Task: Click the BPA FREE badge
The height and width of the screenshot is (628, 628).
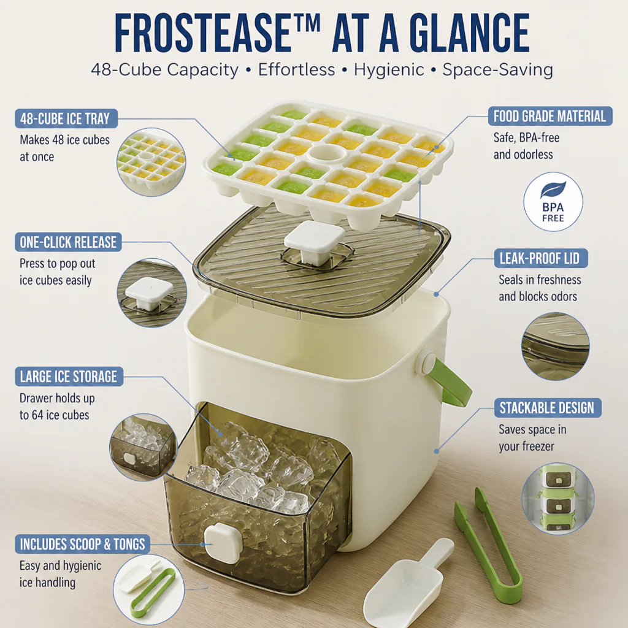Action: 553,202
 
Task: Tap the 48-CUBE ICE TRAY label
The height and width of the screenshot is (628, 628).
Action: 66,118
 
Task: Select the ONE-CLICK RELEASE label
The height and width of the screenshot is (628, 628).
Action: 68,242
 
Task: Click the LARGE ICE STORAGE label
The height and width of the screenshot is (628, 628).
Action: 69,377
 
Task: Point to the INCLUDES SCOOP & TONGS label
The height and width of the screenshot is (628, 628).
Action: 83,544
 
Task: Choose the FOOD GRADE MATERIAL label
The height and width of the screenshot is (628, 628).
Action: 550,116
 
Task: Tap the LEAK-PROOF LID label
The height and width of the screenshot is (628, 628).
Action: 541,258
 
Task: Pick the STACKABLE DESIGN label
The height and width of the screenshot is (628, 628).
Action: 548,408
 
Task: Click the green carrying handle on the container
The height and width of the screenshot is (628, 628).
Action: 446,380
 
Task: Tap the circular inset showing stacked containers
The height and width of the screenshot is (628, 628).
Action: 557,499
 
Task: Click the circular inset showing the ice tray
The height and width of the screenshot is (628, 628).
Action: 151,162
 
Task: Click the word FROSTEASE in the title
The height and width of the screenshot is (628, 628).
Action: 203,33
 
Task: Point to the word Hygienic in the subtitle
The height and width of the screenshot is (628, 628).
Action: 388,70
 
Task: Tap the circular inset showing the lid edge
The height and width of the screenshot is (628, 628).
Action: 556,347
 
